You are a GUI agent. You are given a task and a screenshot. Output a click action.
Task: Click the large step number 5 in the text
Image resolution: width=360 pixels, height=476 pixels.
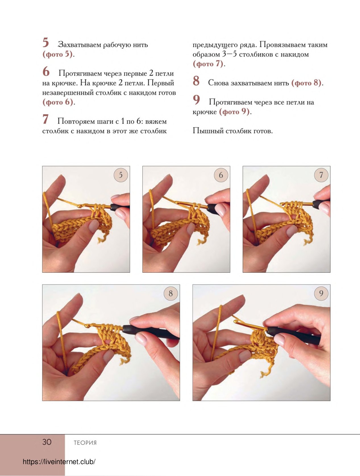[45, 42]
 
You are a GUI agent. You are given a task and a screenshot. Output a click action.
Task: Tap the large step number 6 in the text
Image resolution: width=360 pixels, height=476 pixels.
[46, 71]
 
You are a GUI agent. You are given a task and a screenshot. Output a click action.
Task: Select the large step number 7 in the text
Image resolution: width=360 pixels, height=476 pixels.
[45, 119]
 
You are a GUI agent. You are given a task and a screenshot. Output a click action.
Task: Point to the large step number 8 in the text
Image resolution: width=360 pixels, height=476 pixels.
[196, 81]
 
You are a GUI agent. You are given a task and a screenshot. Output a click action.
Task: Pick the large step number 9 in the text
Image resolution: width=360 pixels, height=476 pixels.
[196, 100]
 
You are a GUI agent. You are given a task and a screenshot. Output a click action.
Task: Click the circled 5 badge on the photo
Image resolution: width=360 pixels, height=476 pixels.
[121, 175]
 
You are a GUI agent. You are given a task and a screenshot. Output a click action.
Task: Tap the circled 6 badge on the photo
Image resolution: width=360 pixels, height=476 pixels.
[221, 175]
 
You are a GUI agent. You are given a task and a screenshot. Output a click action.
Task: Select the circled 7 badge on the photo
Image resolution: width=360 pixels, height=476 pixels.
[321, 175]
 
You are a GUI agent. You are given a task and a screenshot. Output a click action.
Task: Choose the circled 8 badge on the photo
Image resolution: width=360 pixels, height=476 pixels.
[171, 293]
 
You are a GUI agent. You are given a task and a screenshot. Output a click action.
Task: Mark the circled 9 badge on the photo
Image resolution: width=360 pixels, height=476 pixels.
[321, 293]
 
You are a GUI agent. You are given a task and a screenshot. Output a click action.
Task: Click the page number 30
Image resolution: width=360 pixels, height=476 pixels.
[47, 442]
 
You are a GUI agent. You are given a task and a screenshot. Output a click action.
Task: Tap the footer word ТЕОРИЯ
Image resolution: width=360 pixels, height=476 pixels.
[85, 443]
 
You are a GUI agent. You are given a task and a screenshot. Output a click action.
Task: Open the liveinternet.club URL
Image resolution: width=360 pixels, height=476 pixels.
[59, 462]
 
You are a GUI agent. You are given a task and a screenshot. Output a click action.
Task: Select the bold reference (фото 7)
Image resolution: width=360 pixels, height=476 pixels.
[208, 64]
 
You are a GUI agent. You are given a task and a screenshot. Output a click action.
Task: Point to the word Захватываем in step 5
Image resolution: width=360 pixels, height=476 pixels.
[80, 45]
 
